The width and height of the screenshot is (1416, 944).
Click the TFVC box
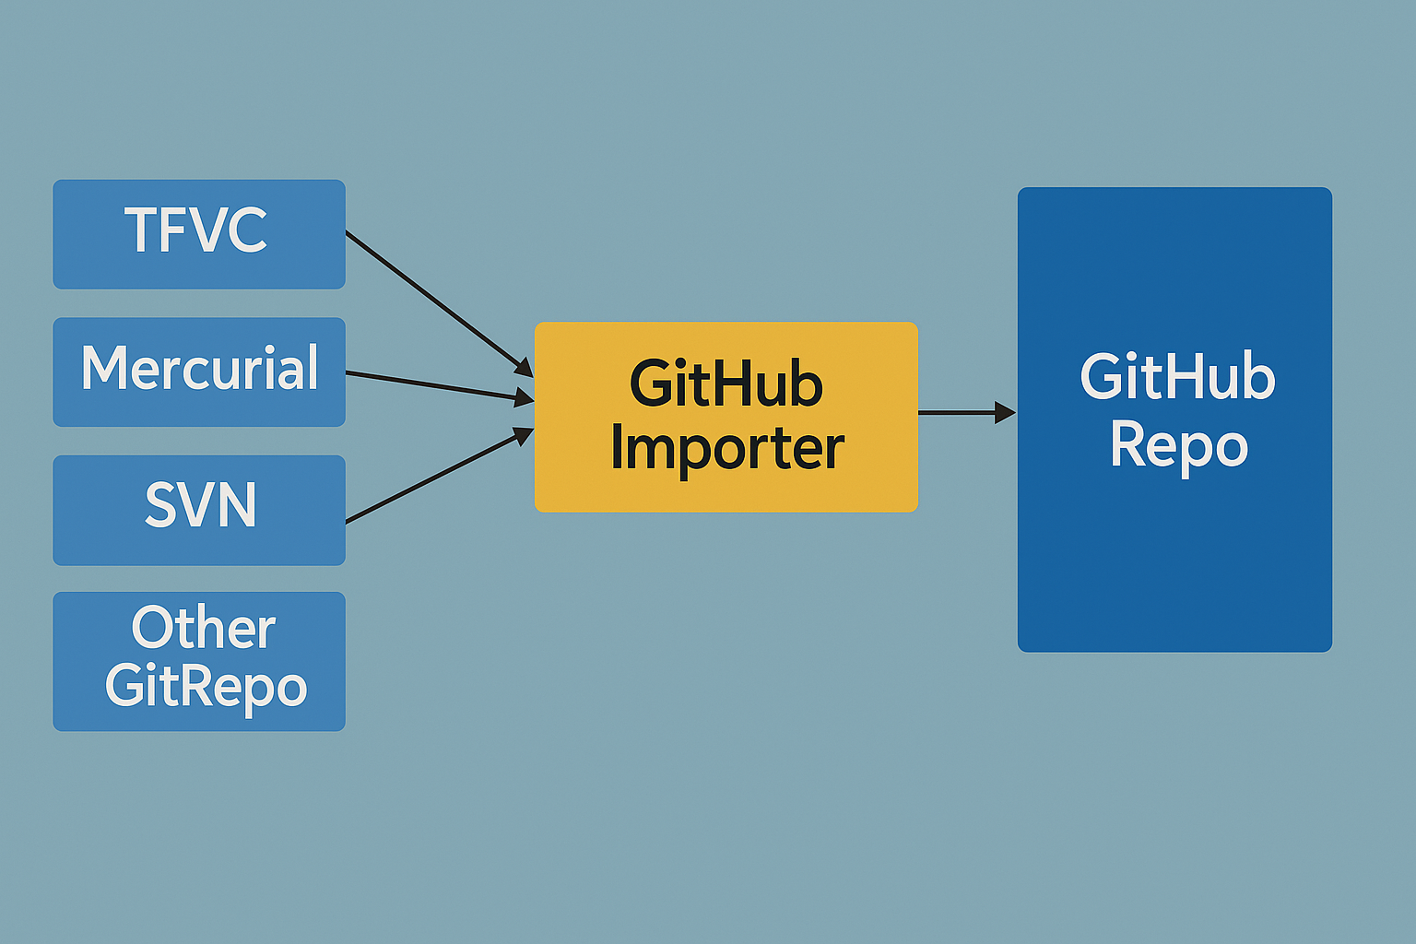[199, 234]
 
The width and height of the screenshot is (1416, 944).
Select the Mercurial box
[199, 372]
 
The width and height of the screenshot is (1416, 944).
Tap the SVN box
[199, 510]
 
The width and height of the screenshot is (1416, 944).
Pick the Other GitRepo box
[199, 661]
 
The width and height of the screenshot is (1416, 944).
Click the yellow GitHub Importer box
[726, 417]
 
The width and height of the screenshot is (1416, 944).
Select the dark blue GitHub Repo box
[1174, 419]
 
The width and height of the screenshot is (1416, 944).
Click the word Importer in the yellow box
[726, 449]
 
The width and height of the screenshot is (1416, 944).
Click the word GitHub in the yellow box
[726, 384]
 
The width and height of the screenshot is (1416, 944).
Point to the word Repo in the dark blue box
[1178, 446]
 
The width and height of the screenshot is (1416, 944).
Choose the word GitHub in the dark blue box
[1177, 377]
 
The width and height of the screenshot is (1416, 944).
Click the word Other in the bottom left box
[204, 629]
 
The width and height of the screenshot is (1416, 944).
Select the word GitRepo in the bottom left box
[206, 687]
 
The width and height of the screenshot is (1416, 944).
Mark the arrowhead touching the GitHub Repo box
[1005, 412]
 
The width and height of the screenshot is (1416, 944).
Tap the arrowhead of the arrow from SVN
[524, 434]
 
